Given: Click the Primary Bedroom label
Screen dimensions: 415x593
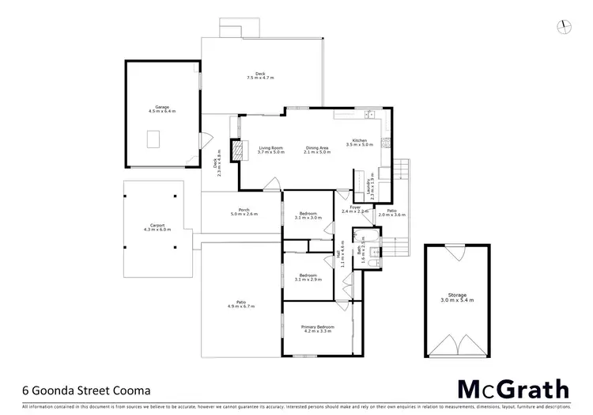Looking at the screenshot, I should coord(317,329).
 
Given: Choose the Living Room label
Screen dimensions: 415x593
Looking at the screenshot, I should coord(270,150).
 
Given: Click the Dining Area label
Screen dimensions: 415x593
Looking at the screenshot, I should coord(317,150).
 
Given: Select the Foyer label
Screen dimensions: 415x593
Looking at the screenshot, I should coord(350,210).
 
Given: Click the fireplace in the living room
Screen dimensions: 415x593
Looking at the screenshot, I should coord(235,150).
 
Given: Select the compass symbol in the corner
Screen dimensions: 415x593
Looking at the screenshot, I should coord(565,26).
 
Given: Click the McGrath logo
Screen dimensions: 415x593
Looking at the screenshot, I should coord(512,389).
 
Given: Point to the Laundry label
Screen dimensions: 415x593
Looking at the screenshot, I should coord(371,187).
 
